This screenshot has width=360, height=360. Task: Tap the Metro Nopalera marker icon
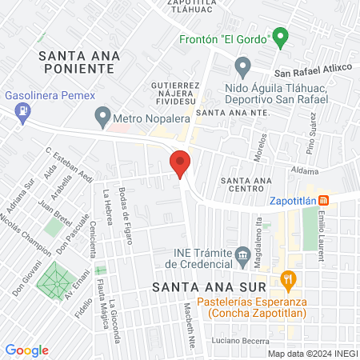click(102, 119)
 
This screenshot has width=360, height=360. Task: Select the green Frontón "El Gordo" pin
click(280, 37)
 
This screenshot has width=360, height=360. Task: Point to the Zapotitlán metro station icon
click(322, 200)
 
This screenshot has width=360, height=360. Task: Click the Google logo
click(27, 350)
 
